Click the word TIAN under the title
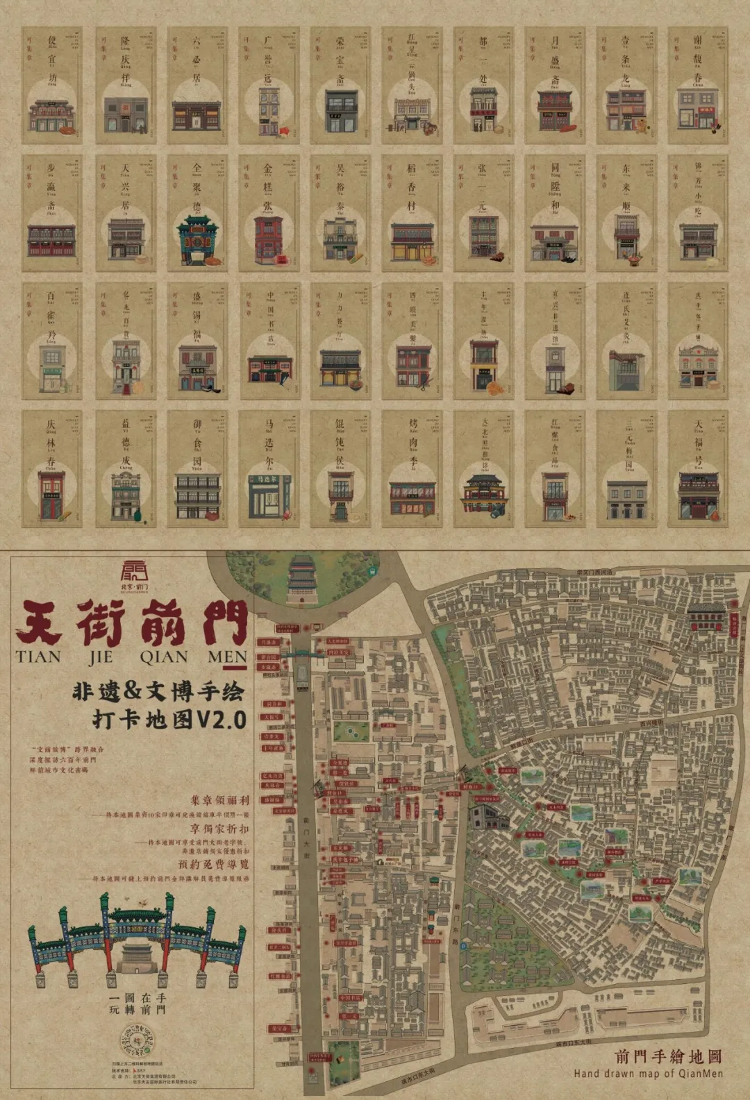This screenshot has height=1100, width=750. (38, 657)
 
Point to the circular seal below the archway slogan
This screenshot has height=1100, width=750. (137, 1041)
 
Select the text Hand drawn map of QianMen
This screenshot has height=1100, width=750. (648, 1074)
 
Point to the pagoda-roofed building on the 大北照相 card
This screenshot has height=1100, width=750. (482, 493)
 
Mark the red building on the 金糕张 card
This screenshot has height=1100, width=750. (269, 239)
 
